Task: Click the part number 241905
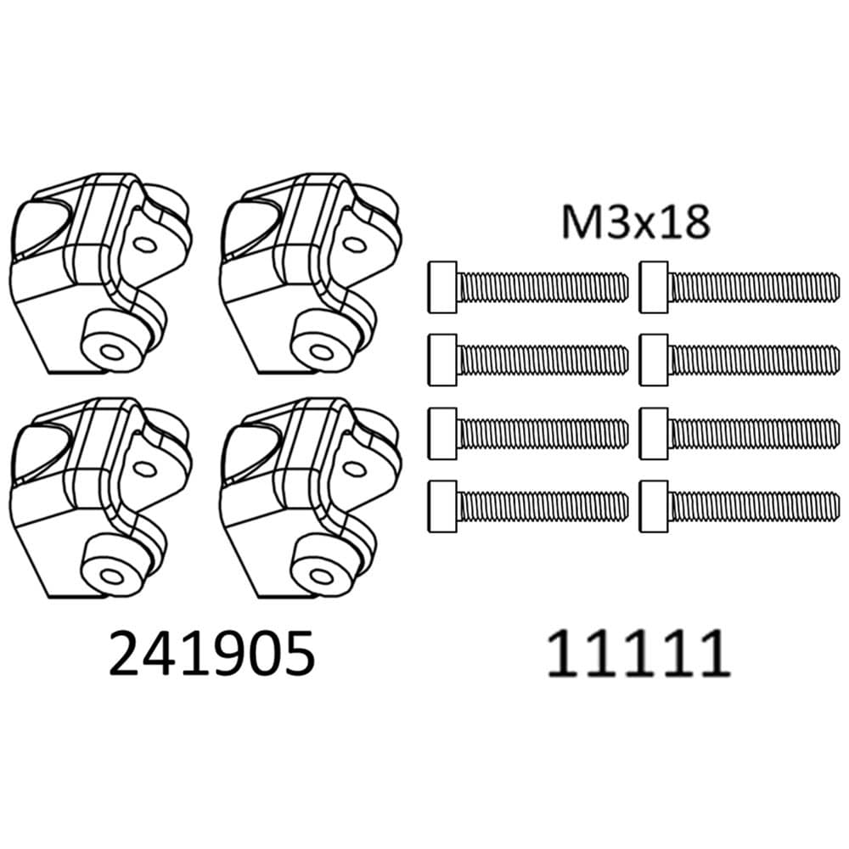212,653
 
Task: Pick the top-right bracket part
310,272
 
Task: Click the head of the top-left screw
443,279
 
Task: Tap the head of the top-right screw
655,279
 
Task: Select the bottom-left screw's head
443,508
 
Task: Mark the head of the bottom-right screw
655,508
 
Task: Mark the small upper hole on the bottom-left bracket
143,468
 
